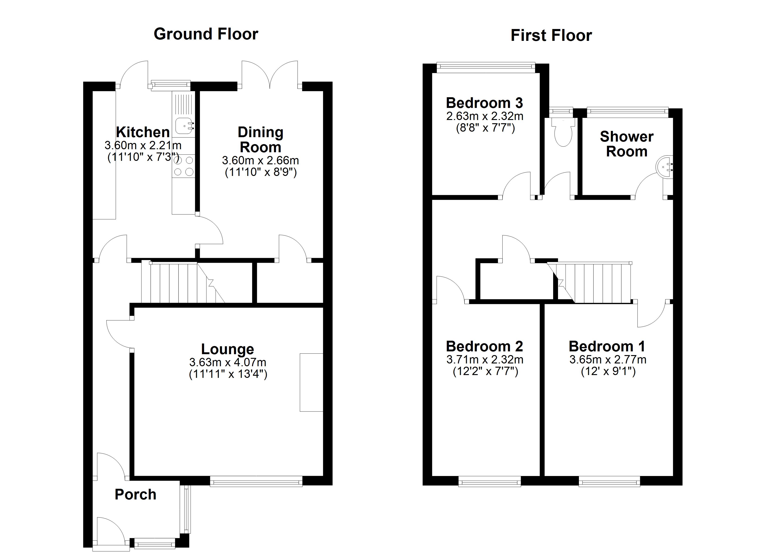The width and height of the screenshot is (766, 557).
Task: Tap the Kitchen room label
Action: pos(143,132)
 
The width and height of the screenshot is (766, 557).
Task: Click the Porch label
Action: pos(135,495)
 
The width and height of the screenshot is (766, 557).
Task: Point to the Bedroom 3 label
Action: pos(484,103)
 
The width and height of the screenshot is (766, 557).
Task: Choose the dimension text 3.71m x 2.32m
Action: pos(485,360)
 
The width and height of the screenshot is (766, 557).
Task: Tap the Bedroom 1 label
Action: pos(607,347)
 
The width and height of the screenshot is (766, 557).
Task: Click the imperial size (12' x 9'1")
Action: pos(608,372)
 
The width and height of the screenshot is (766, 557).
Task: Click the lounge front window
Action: pos(256,481)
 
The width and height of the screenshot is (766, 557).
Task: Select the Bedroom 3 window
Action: pos(486,67)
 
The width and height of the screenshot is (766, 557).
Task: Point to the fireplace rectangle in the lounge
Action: pos(311,382)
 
